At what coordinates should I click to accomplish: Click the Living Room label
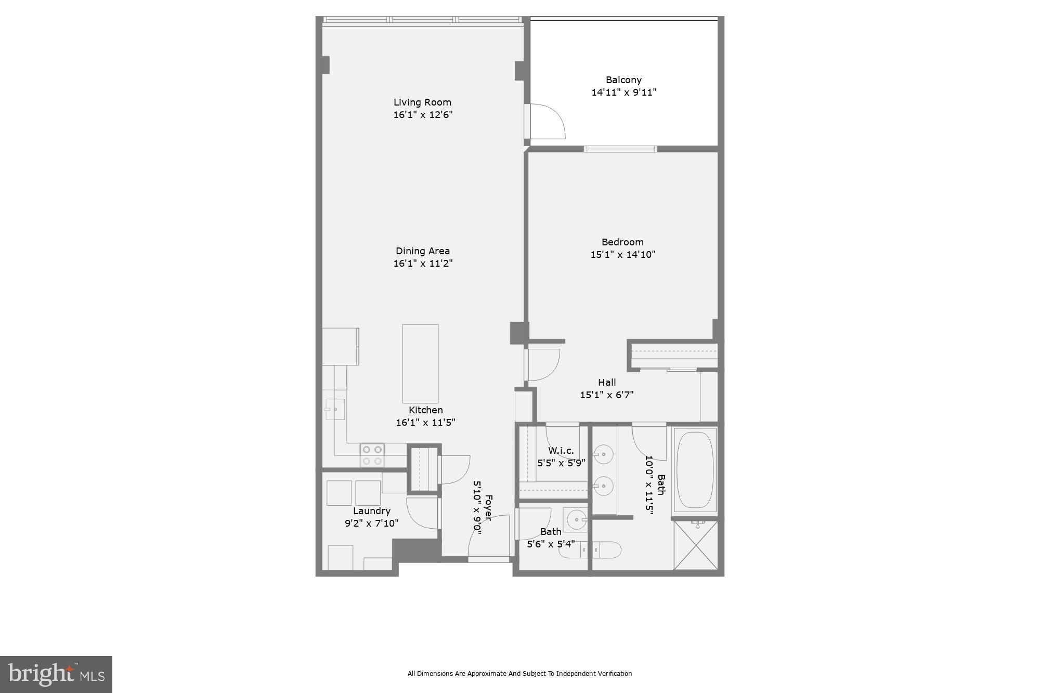click(x=422, y=102)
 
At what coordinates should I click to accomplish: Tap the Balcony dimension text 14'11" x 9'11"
click(x=623, y=93)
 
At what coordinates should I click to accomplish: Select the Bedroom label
click(x=622, y=242)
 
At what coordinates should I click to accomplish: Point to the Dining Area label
click(x=423, y=251)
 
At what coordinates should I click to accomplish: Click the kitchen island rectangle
click(x=420, y=363)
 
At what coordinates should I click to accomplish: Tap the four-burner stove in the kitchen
click(x=372, y=455)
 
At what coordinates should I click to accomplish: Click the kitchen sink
click(x=335, y=409)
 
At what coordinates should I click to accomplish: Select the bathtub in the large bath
click(x=695, y=469)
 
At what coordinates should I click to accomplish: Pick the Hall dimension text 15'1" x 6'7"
click(x=607, y=395)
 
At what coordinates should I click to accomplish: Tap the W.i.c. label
click(x=561, y=451)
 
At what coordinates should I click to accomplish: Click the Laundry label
click(x=371, y=511)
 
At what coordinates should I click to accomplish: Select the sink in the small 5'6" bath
click(x=576, y=519)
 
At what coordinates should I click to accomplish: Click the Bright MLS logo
click(x=56, y=674)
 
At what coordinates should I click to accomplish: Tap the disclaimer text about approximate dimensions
click(x=519, y=674)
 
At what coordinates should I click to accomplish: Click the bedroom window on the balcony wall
click(x=620, y=149)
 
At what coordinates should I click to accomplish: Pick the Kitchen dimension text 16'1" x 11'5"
click(x=425, y=423)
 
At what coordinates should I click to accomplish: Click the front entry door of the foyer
click(x=489, y=559)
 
